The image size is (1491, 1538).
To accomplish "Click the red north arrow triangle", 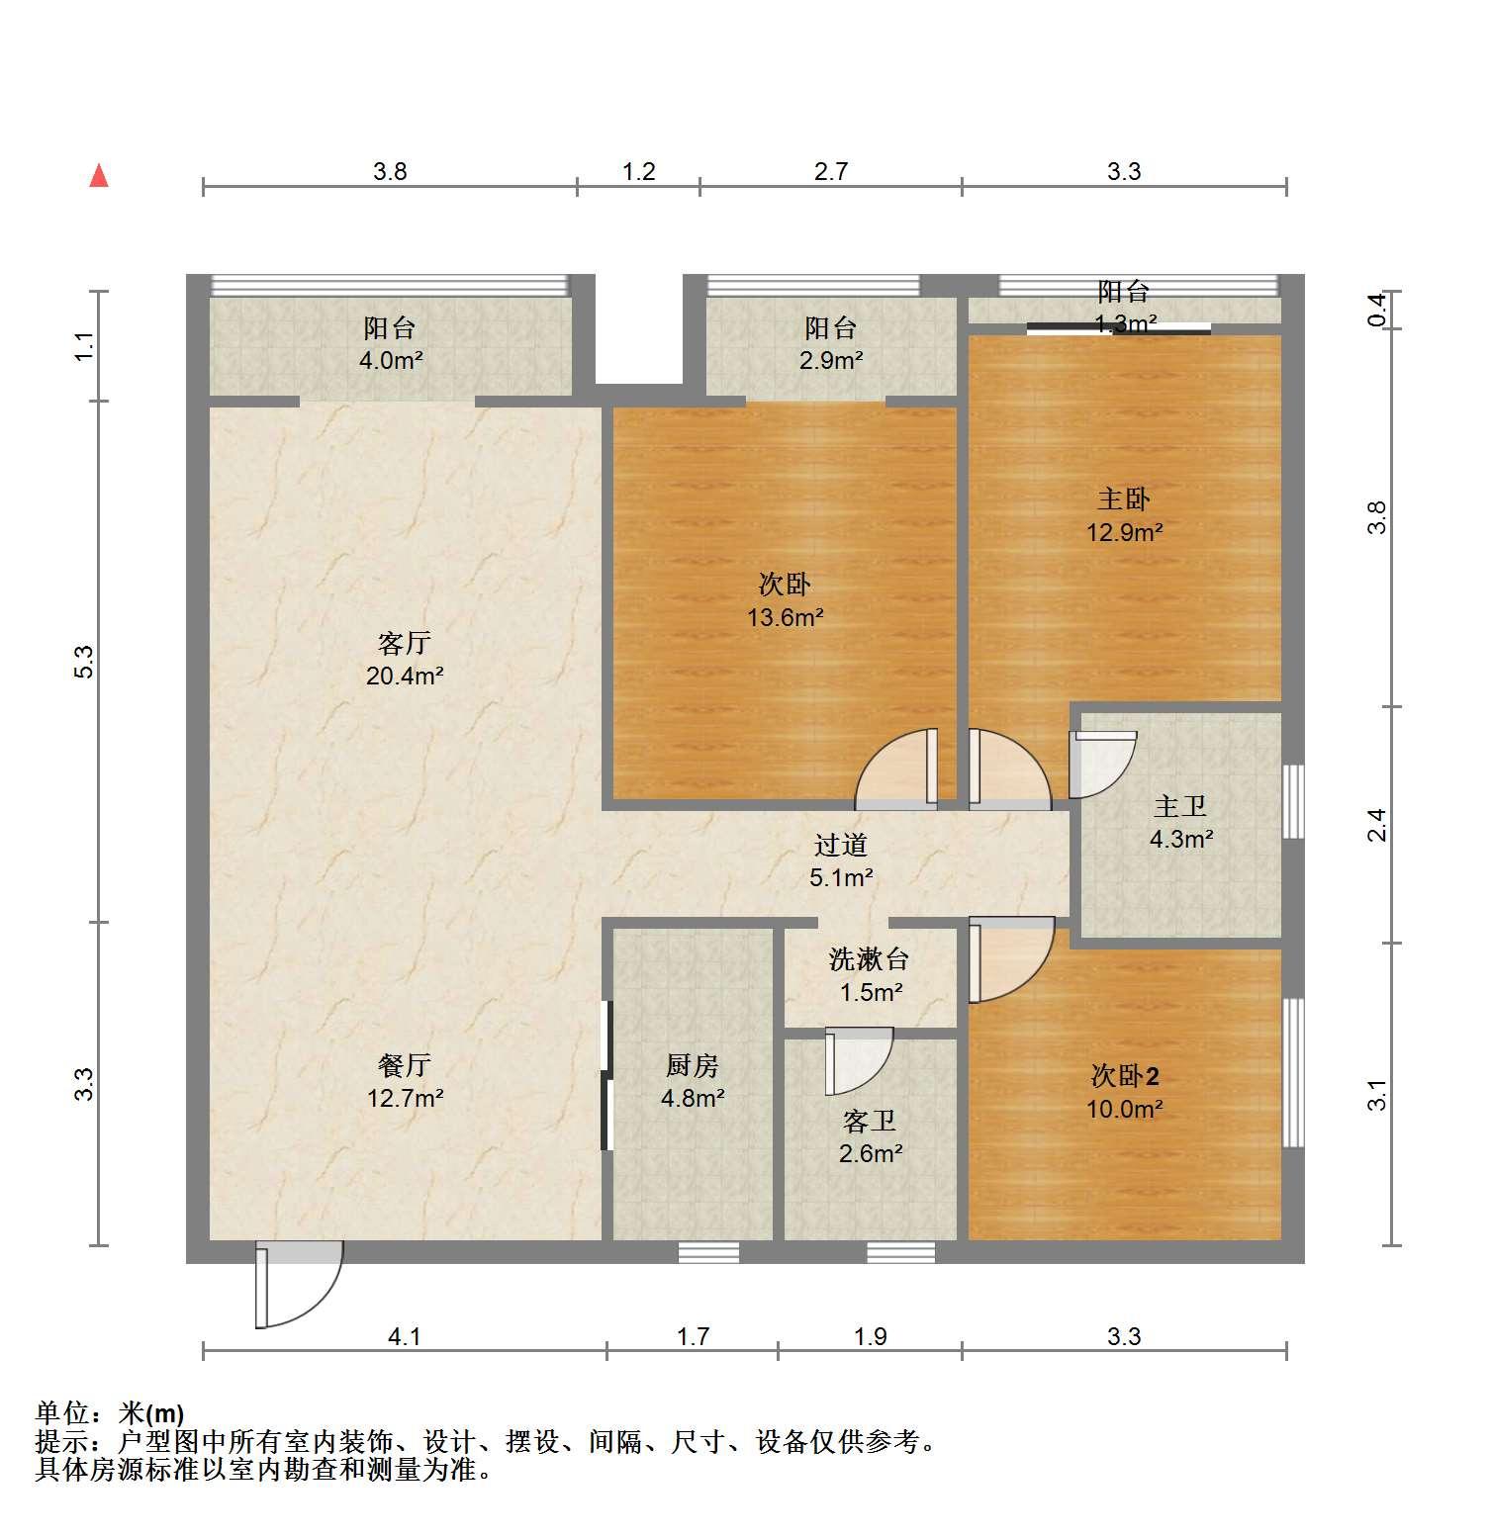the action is tap(99, 176).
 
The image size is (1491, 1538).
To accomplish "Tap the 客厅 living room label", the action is tap(405, 643).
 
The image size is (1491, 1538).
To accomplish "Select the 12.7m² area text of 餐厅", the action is tap(405, 1097).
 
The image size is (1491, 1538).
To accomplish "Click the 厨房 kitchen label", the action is tap(693, 1065).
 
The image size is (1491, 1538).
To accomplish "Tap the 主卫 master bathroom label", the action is tap(1180, 806).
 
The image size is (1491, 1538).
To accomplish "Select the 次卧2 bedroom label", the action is tap(1125, 1075).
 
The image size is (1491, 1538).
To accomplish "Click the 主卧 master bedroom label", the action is tap(1124, 498).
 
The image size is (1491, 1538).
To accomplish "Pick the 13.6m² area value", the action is tap(786, 617).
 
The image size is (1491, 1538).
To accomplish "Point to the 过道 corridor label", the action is tap(841, 845).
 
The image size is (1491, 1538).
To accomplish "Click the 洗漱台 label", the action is tap(869, 958).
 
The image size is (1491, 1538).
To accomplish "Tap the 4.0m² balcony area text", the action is tap(391, 360).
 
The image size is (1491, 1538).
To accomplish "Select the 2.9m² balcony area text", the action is tap(831, 360).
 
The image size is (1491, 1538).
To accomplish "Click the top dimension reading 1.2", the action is tap(639, 171).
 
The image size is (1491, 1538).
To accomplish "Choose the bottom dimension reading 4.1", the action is tap(405, 1337).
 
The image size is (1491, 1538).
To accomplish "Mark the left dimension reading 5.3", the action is tap(85, 661).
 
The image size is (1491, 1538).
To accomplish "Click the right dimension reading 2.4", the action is tap(1377, 825).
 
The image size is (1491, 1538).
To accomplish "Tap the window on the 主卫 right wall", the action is tap(1293, 801).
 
